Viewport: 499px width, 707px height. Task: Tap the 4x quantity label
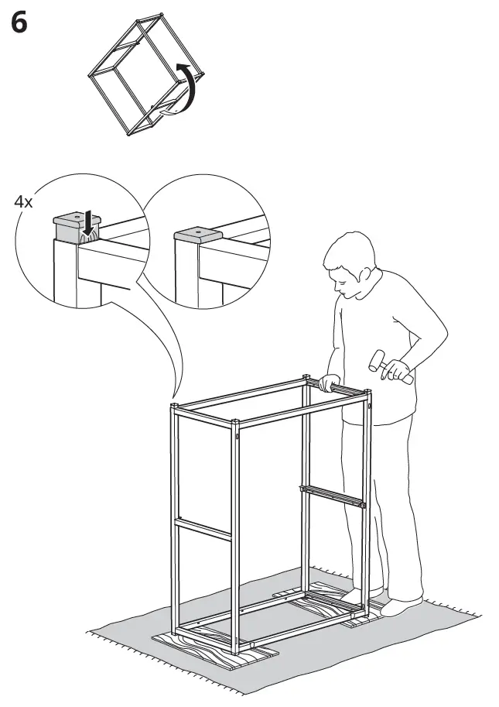click(24, 202)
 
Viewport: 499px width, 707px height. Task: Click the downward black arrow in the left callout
click(90, 223)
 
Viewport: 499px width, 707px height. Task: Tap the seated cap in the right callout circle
click(197, 235)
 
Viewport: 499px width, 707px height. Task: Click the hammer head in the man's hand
click(378, 362)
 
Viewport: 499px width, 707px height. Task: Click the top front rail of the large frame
click(206, 416)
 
